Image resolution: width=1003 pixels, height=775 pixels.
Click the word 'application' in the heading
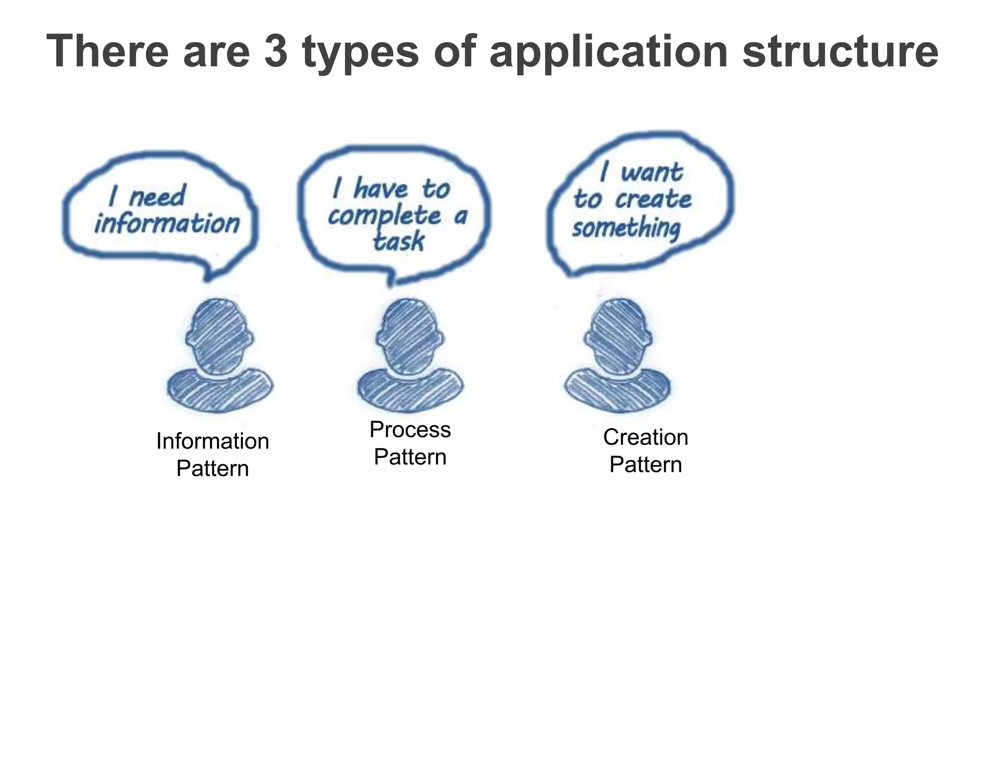click(609, 52)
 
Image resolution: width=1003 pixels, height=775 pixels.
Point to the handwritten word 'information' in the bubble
click(167, 224)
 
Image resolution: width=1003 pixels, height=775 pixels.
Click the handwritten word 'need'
click(157, 196)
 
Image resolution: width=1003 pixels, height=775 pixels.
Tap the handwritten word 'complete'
click(384, 216)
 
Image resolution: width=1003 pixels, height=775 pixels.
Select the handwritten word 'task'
click(398, 241)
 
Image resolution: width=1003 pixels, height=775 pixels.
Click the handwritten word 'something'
click(627, 228)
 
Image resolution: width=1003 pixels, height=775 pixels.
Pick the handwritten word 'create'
click(653, 199)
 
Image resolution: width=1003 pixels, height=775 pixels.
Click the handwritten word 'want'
click(651, 172)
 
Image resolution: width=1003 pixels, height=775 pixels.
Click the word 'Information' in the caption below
click(213, 441)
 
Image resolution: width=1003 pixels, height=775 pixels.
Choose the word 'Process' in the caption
click(410, 430)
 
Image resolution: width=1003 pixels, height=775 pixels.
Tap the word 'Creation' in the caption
click(645, 437)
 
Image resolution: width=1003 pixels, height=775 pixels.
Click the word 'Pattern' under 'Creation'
click(645, 464)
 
